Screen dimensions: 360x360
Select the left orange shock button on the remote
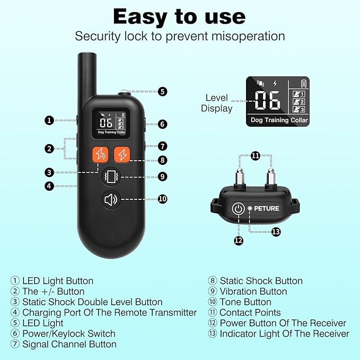pyautogui.click(x=100, y=154)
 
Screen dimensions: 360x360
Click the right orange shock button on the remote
pyautogui.click(x=122, y=154)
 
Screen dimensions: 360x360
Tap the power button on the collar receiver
pyautogui.click(x=238, y=208)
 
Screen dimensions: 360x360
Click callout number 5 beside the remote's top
pyautogui.click(x=162, y=91)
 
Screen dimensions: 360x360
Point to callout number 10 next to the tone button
pyautogui.click(x=162, y=199)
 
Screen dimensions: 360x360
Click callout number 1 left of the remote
pyautogui.click(x=49, y=120)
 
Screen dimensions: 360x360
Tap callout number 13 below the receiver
pyautogui.click(x=276, y=232)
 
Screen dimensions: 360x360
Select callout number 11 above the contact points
pyautogui.click(x=256, y=155)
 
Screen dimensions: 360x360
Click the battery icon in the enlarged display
pyautogui.click(x=304, y=83)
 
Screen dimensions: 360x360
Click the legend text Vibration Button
pyautogui.click(x=253, y=291)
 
